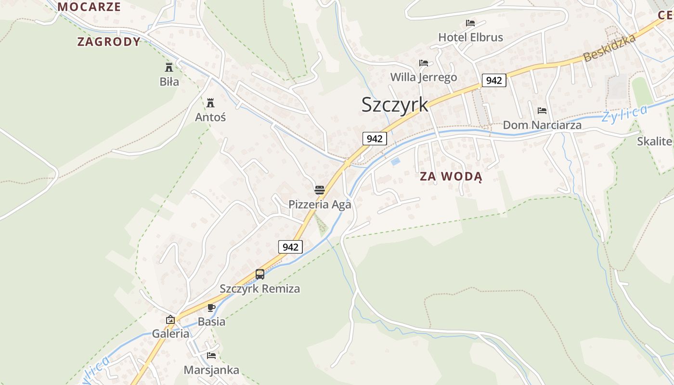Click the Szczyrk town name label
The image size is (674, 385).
click(x=395, y=105)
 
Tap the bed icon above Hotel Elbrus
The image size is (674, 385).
click(x=470, y=23)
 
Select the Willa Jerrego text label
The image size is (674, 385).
click(x=424, y=77)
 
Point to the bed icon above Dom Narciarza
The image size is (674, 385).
click(x=542, y=111)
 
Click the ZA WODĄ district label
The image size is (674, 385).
click(x=451, y=177)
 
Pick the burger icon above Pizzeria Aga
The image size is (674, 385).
click(x=320, y=190)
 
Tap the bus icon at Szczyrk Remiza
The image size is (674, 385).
click(x=260, y=274)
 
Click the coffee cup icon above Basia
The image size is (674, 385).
click(x=211, y=308)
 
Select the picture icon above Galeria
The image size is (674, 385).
click(x=170, y=320)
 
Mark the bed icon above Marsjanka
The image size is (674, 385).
click(x=211, y=356)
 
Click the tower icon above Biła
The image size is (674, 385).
click(x=169, y=67)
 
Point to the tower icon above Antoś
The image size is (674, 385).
click(x=210, y=103)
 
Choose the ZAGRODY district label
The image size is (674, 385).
click(x=109, y=42)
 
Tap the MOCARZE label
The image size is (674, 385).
click(x=89, y=7)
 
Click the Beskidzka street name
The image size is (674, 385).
click(x=609, y=48)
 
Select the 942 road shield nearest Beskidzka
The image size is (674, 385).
click(x=494, y=80)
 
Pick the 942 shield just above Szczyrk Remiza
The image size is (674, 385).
click(x=291, y=247)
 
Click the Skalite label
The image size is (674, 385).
click(x=654, y=141)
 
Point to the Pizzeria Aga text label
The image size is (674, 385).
click(x=320, y=205)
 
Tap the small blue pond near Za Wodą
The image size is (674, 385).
click(x=395, y=162)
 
